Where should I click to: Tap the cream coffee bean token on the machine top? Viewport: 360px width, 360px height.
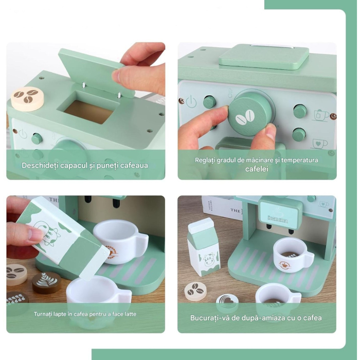pyautogui.click(x=27, y=98)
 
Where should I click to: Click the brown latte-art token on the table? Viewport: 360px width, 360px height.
pyautogui.click(x=46, y=282)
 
